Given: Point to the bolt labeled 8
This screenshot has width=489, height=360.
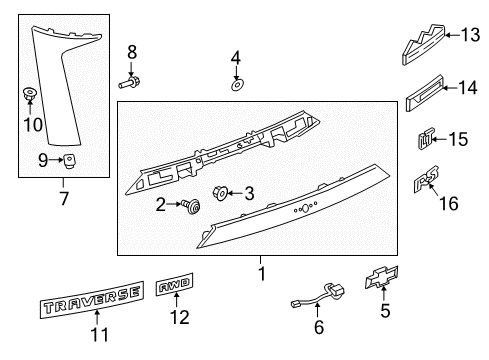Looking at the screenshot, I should point(132,80).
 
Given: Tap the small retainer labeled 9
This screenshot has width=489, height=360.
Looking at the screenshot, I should point(71,159).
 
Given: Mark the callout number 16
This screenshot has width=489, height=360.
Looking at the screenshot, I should point(451,203).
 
